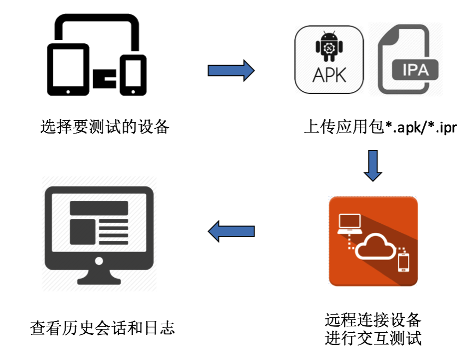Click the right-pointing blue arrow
tap(231, 71)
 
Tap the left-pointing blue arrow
tap(231, 231)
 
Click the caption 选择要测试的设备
tap(105, 127)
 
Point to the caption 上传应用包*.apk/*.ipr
tap(380, 128)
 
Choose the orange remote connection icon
tap(373, 241)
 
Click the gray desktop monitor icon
tap(99, 234)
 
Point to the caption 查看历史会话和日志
tap(103, 327)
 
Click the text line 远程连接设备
tap(373, 320)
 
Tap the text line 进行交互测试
tap(373, 338)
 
